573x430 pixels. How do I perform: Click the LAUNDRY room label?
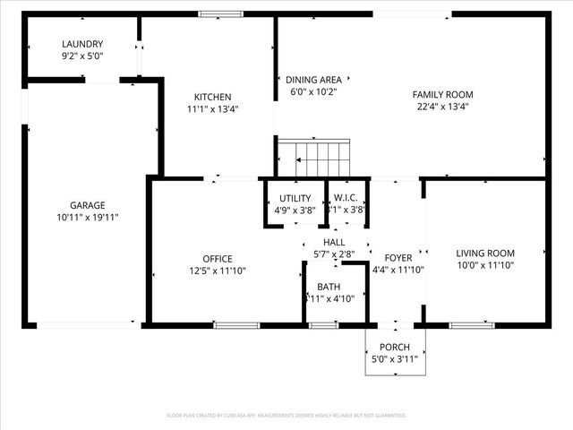click(82, 44)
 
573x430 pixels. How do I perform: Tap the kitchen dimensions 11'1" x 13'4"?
click(213, 109)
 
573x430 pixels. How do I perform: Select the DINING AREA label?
click(312, 79)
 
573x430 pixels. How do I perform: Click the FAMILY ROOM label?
click(442, 94)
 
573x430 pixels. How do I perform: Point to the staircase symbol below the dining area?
click(312, 159)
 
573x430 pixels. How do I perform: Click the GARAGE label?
click(88, 204)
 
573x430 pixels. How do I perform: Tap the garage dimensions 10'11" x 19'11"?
click(88, 217)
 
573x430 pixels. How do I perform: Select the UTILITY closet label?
click(295, 198)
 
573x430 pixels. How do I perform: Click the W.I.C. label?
click(346, 198)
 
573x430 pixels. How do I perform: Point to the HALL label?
click(334, 242)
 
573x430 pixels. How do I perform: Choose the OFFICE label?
click(217, 259)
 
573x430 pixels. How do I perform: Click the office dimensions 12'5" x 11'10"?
click(217, 271)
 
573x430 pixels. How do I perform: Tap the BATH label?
click(329, 288)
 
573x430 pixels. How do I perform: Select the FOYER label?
click(398, 258)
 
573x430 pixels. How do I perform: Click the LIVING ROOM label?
click(485, 253)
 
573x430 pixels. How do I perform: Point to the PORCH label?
click(395, 348)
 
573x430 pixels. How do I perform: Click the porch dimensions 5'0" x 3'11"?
click(395, 359)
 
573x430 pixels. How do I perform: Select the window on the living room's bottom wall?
click(472, 325)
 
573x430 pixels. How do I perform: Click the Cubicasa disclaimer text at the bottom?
click(286, 416)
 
